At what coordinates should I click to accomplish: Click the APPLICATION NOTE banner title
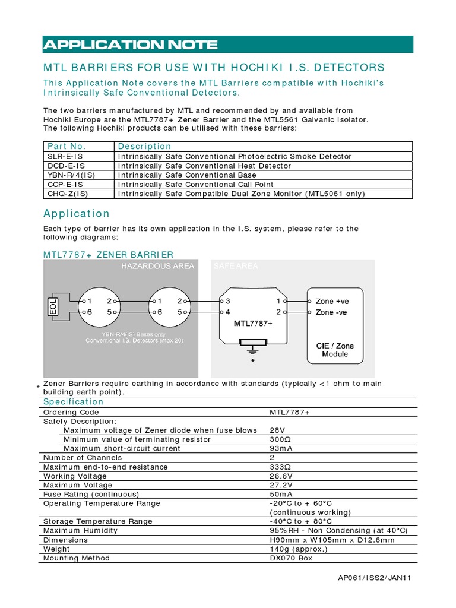point(131,45)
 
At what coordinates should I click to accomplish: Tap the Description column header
point(144,146)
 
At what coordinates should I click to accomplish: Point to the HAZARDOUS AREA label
point(157,266)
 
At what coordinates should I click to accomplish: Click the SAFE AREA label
point(236,266)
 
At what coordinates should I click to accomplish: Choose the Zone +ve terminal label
point(332,301)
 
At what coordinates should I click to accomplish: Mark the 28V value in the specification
point(277,430)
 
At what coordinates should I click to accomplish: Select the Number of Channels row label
point(83,458)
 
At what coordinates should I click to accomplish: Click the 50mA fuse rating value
point(281,494)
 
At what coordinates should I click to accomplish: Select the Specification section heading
point(74,402)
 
